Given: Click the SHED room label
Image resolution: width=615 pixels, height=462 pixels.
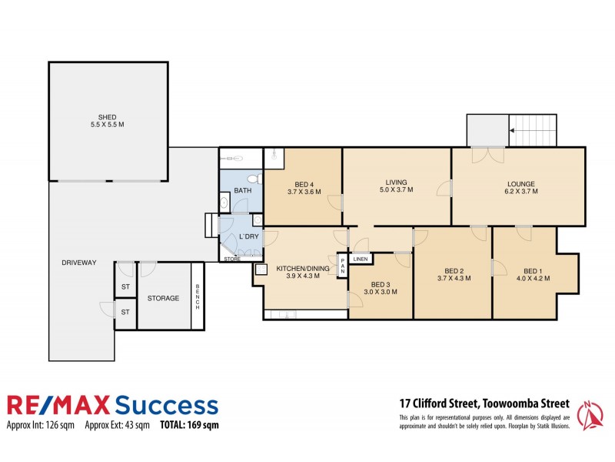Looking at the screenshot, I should (x=107, y=117).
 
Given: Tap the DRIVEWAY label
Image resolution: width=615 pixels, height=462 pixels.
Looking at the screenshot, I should (x=79, y=263).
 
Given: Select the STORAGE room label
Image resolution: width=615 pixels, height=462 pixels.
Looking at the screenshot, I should (x=163, y=298).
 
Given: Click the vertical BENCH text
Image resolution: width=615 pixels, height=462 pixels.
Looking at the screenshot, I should (x=197, y=296).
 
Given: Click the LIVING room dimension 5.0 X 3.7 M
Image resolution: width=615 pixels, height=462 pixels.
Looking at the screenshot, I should (x=396, y=189).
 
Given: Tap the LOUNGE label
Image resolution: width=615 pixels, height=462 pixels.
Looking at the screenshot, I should (x=520, y=183).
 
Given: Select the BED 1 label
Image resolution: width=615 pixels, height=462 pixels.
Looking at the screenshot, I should (x=533, y=270).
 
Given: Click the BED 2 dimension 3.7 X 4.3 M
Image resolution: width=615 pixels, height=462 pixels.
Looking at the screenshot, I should (x=453, y=279).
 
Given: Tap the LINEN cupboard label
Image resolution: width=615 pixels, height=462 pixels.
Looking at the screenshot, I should (x=361, y=259).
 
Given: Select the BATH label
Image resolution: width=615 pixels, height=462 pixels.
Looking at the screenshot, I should (x=242, y=190).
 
